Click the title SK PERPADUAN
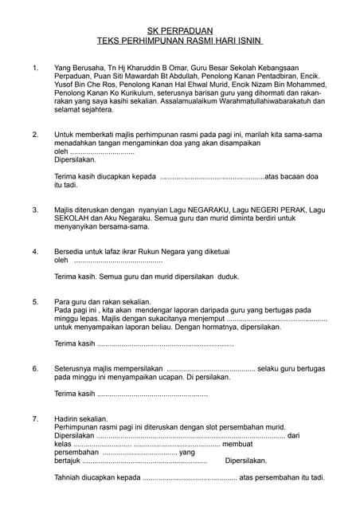tap(180, 28)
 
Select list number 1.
tap(34, 69)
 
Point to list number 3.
tap(34, 210)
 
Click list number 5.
tap(34, 303)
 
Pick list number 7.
tap(34, 418)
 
